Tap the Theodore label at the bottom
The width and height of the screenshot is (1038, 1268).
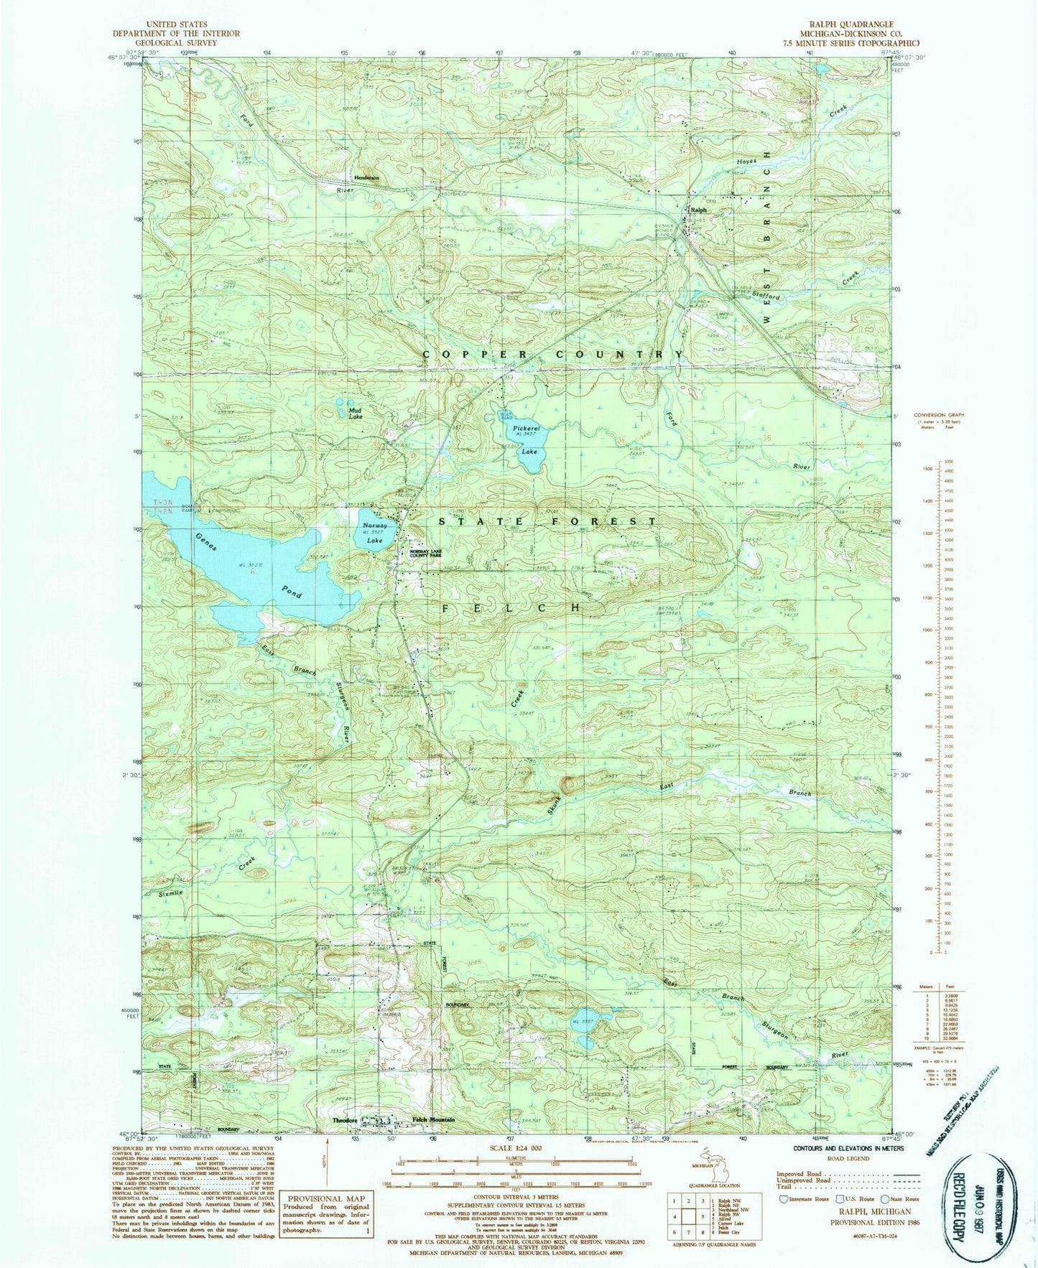click(344, 1120)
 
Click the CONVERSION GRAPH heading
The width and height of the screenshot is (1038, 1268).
click(938, 415)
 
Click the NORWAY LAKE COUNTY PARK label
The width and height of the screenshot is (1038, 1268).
click(429, 554)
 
